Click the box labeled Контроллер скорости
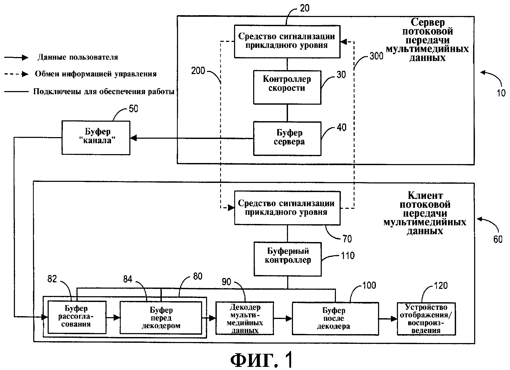(x=287, y=87)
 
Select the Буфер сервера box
(x=287, y=138)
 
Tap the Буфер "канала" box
(x=96, y=138)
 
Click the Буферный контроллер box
(x=287, y=259)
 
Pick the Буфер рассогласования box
(x=77, y=317)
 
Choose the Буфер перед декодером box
(x=161, y=318)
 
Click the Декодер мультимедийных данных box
(x=245, y=318)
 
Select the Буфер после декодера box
(x=335, y=318)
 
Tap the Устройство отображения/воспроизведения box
(x=426, y=319)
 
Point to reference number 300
(x=376, y=56)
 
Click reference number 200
(x=198, y=71)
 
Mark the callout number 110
(x=347, y=255)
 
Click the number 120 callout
(x=441, y=286)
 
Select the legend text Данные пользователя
(x=78, y=57)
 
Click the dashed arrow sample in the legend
(x=16, y=74)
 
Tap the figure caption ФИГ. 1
(x=262, y=360)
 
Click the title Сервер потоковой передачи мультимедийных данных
(x=427, y=40)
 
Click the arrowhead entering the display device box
(x=394, y=319)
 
